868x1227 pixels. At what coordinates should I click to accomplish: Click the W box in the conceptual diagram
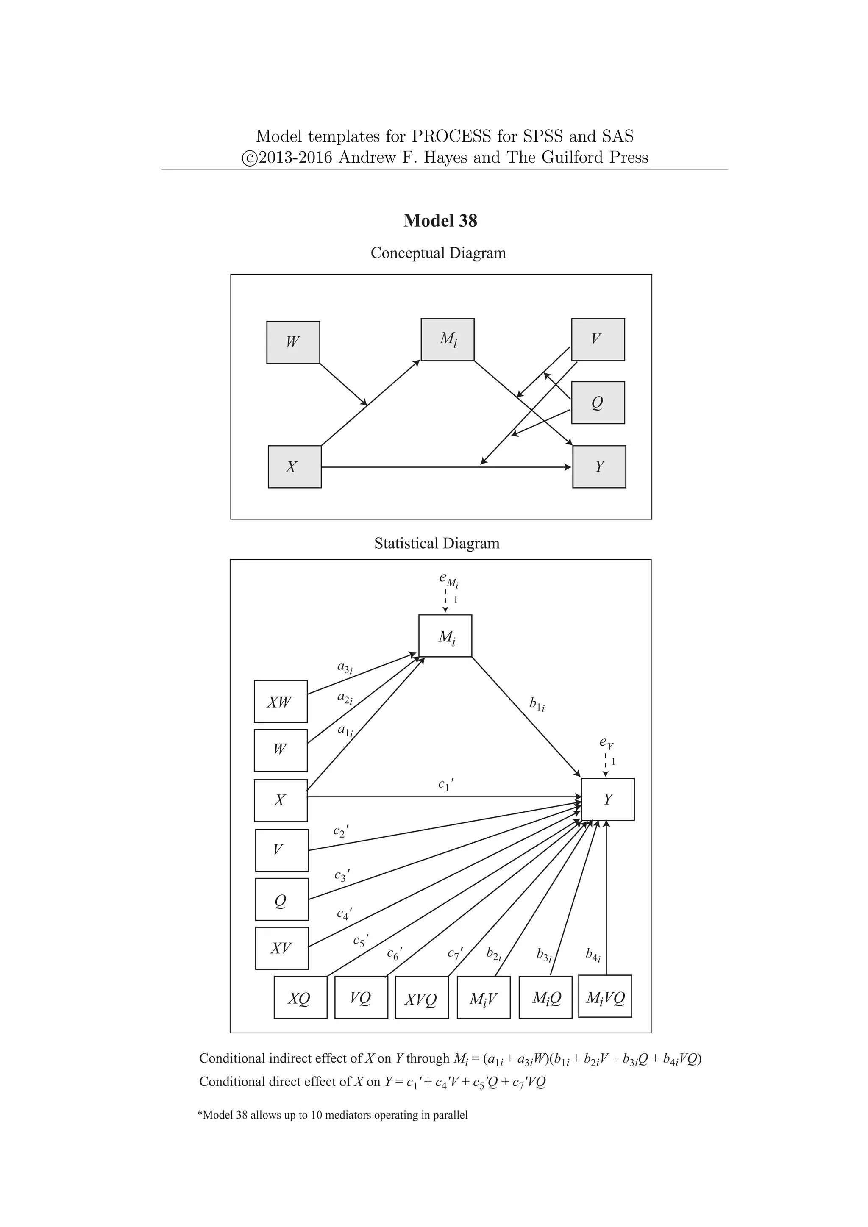(x=293, y=342)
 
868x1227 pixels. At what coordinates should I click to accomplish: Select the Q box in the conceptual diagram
(x=598, y=403)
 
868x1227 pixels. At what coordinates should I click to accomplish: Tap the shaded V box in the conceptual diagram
(x=598, y=339)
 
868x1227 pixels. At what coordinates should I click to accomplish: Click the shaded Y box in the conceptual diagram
(x=598, y=466)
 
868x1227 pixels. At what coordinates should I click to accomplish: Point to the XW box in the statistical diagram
(x=281, y=701)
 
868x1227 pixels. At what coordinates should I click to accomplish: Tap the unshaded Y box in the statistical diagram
(x=608, y=799)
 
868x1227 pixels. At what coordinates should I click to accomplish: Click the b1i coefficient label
(x=537, y=704)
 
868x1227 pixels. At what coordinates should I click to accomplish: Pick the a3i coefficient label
(x=345, y=667)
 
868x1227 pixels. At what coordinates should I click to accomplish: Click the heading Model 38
(x=440, y=220)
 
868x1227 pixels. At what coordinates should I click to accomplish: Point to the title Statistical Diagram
(x=437, y=544)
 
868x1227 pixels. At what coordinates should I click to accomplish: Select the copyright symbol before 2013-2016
(x=249, y=158)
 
